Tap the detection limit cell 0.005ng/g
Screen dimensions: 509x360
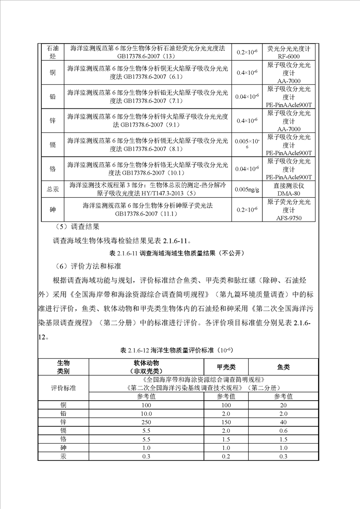(x=247, y=189)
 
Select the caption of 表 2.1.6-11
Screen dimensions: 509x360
(x=180, y=252)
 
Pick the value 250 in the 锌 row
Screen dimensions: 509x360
(x=146, y=422)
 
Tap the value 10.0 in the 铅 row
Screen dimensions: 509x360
(x=146, y=413)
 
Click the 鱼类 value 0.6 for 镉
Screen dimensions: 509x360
(x=283, y=431)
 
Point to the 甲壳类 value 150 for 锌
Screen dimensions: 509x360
(x=226, y=422)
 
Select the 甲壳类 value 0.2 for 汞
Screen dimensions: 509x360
(x=226, y=456)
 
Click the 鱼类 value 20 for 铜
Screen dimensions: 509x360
(x=283, y=405)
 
